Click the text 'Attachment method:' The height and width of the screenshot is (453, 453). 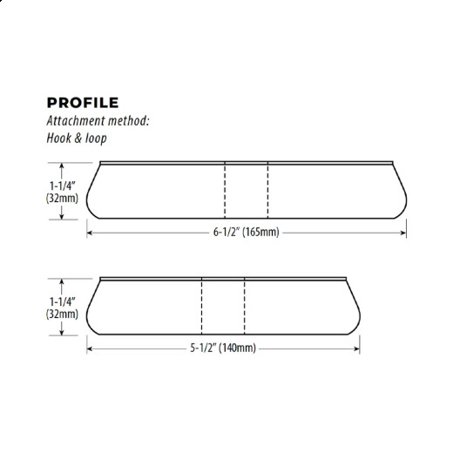98,122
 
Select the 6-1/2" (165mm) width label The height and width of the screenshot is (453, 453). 247,233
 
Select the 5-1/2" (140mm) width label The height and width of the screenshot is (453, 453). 223,348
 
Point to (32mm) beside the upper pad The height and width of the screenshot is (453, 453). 63,198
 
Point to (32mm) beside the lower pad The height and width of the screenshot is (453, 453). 63,314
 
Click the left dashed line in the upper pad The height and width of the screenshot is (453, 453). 226,190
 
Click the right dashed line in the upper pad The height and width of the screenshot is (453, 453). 267,190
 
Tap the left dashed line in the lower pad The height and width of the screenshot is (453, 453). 202,306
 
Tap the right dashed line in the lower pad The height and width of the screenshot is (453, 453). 244,306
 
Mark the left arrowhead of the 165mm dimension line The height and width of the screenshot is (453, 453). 90,233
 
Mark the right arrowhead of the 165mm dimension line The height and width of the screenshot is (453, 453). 404,233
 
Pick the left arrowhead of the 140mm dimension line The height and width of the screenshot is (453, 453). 90,348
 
